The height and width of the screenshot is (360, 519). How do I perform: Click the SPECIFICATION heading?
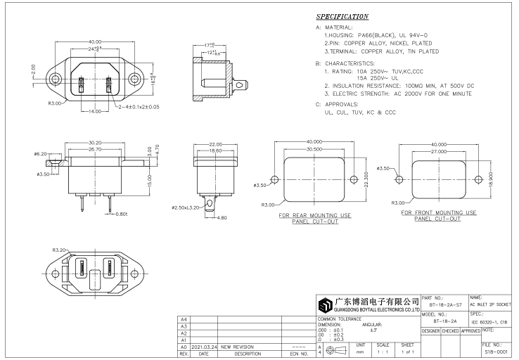[342, 16]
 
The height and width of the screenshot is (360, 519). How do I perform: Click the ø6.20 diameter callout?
[40, 153]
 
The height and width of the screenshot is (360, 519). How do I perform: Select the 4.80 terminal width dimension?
[220, 217]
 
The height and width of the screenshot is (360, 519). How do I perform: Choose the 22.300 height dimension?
[364, 179]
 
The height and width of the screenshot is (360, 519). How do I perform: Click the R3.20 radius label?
[58, 250]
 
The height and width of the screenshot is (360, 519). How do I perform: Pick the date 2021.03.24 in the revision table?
[205, 347]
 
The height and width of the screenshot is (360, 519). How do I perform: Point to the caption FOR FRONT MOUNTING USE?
[438, 212]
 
